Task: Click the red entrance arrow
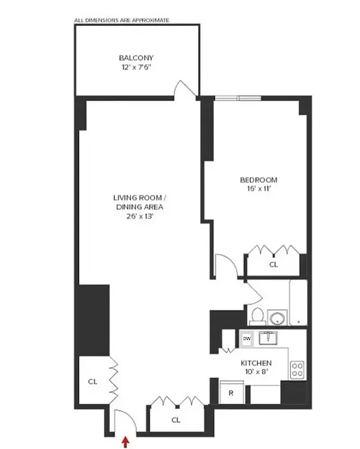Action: pyautogui.click(x=125, y=443)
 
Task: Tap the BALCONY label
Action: pyautogui.click(x=136, y=57)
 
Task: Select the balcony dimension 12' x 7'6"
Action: pyautogui.click(x=136, y=66)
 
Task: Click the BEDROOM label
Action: pyautogui.click(x=258, y=180)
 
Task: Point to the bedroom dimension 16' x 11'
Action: pyautogui.click(x=258, y=189)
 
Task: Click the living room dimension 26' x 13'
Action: pyautogui.click(x=140, y=216)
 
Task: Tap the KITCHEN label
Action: pyautogui.click(x=256, y=363)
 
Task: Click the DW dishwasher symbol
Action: pyautogui.click(x=246, y=339)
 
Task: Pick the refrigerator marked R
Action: pyautogui.click(x=231, y=393)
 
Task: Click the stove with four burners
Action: pyautogui.click(x=297, y=369)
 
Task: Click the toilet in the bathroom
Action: pyautogui.click(x=257, y=315)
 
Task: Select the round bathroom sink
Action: pyautogui.click(x=277, y=318)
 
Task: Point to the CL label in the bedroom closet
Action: pyautogui.click(x=274, y=264)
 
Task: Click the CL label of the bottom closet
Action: pyautogui.click(x=176, y=420)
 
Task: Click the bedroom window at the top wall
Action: pyautogui.click(x=238, y=98)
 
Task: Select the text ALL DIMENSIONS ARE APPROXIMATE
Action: pyautogui.click(x=122, y=20)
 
